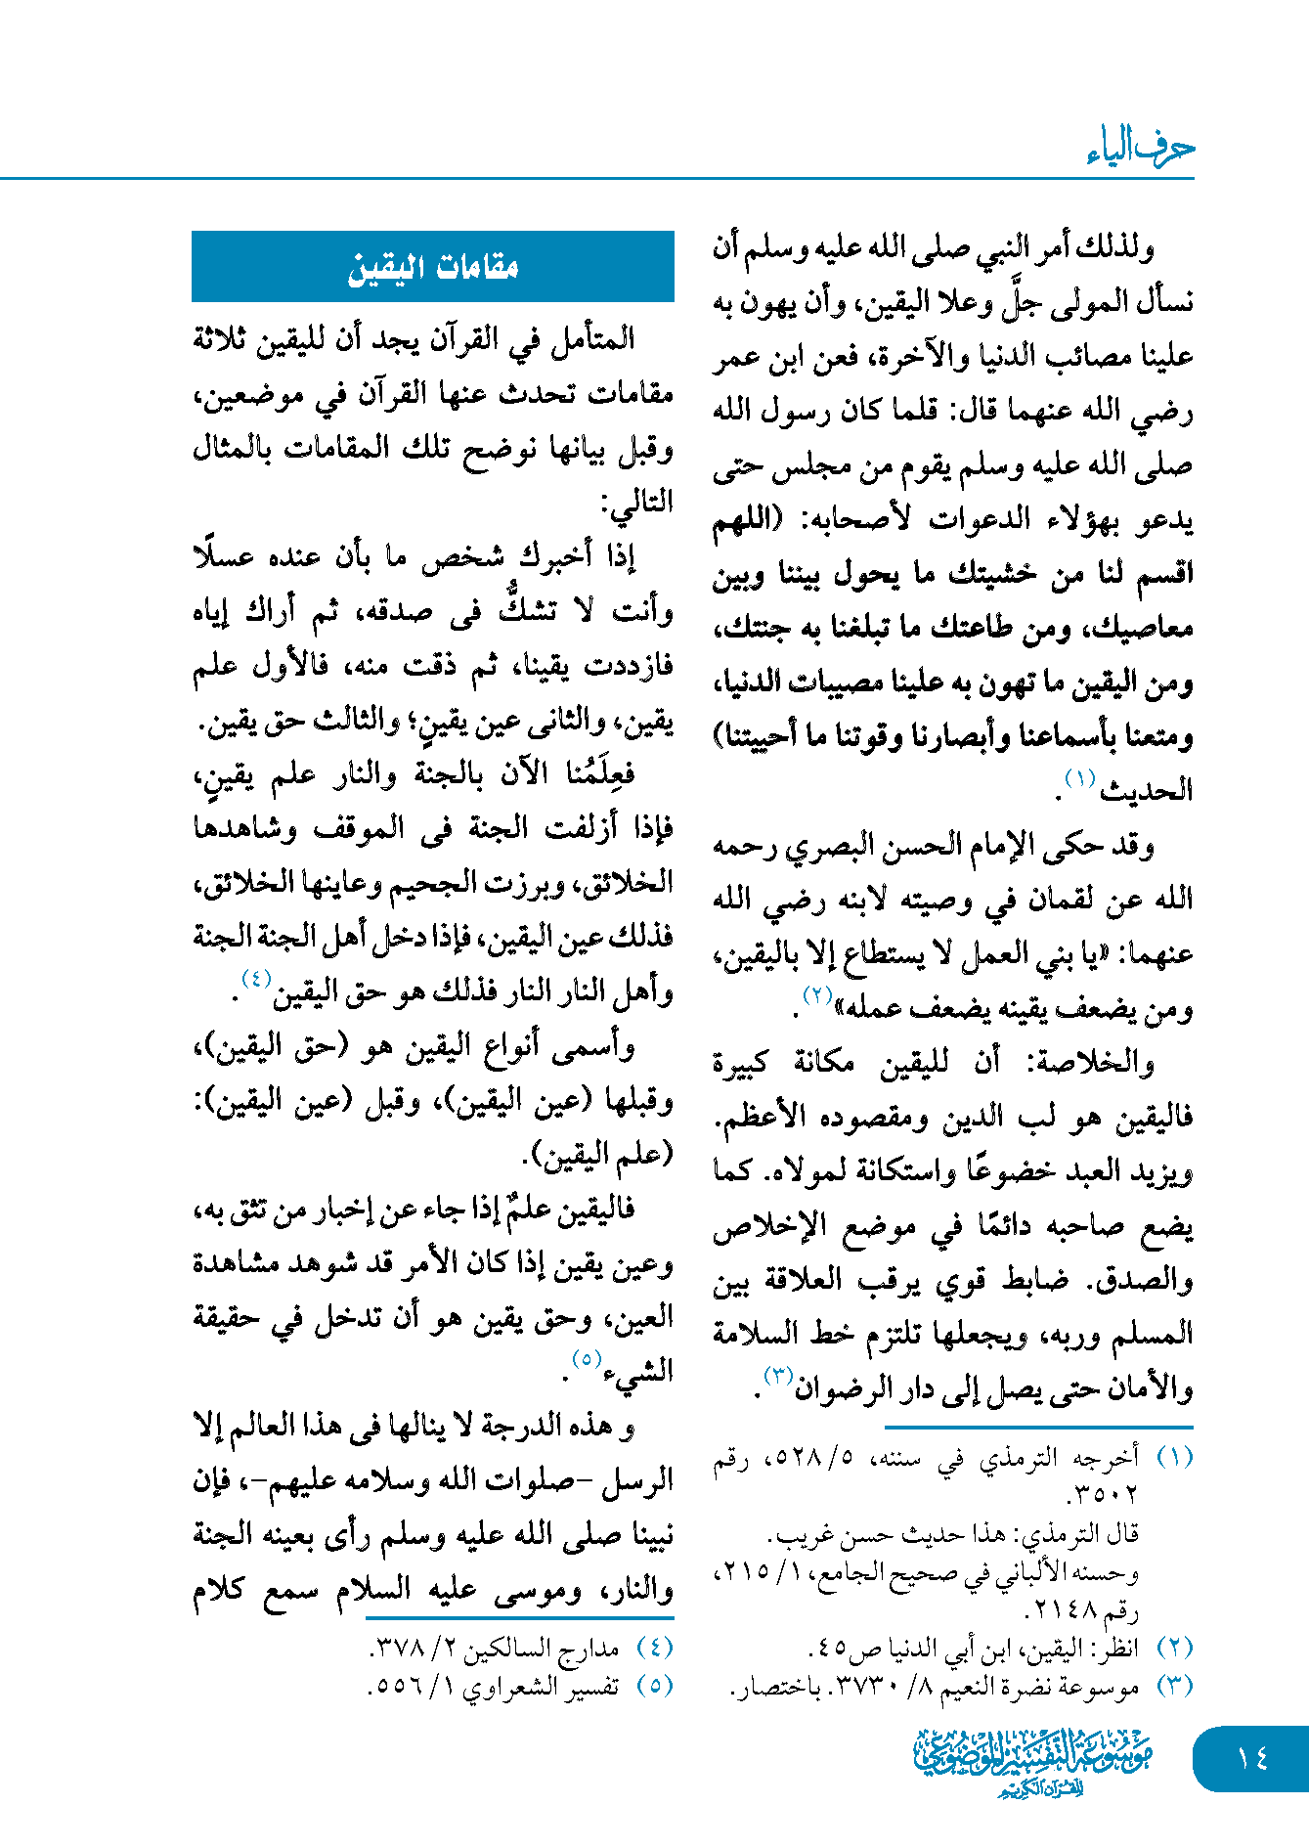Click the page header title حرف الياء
1140,148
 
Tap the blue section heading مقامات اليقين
433,267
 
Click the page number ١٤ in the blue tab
1251,1759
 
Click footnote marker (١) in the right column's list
1174,1458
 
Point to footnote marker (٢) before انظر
1174,1648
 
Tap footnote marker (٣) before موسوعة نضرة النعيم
1174,1686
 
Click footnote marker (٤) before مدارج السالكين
654,1648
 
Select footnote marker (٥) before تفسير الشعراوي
654,1686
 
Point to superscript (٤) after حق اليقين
256,978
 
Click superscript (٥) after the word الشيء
587,1358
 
